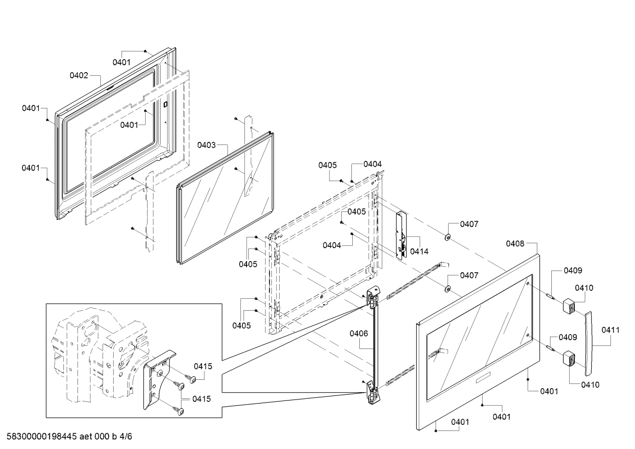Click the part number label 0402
(x=79, y=75)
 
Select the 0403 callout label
(x=207, y=145)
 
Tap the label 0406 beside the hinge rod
(x=359, y=334)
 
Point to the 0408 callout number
(x=515, y=243)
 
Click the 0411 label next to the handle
(x=610, y=330)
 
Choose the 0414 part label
(x=419, y=252)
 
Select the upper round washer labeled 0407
(x=447, y=237)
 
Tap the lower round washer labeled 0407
(x=447, y=289)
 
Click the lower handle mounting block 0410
(x=569, y=357)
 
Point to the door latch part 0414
(x=402, y=235)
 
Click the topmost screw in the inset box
(x=192, y=378)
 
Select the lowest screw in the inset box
(x=179, y=411)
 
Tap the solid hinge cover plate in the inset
(x=157, y=380)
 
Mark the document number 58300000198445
(x=42, y=437)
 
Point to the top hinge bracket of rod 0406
(x=373, y=296)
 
